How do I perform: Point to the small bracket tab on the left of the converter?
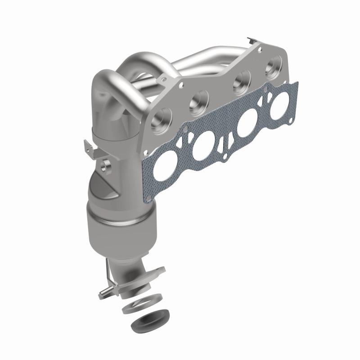point(89,147)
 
